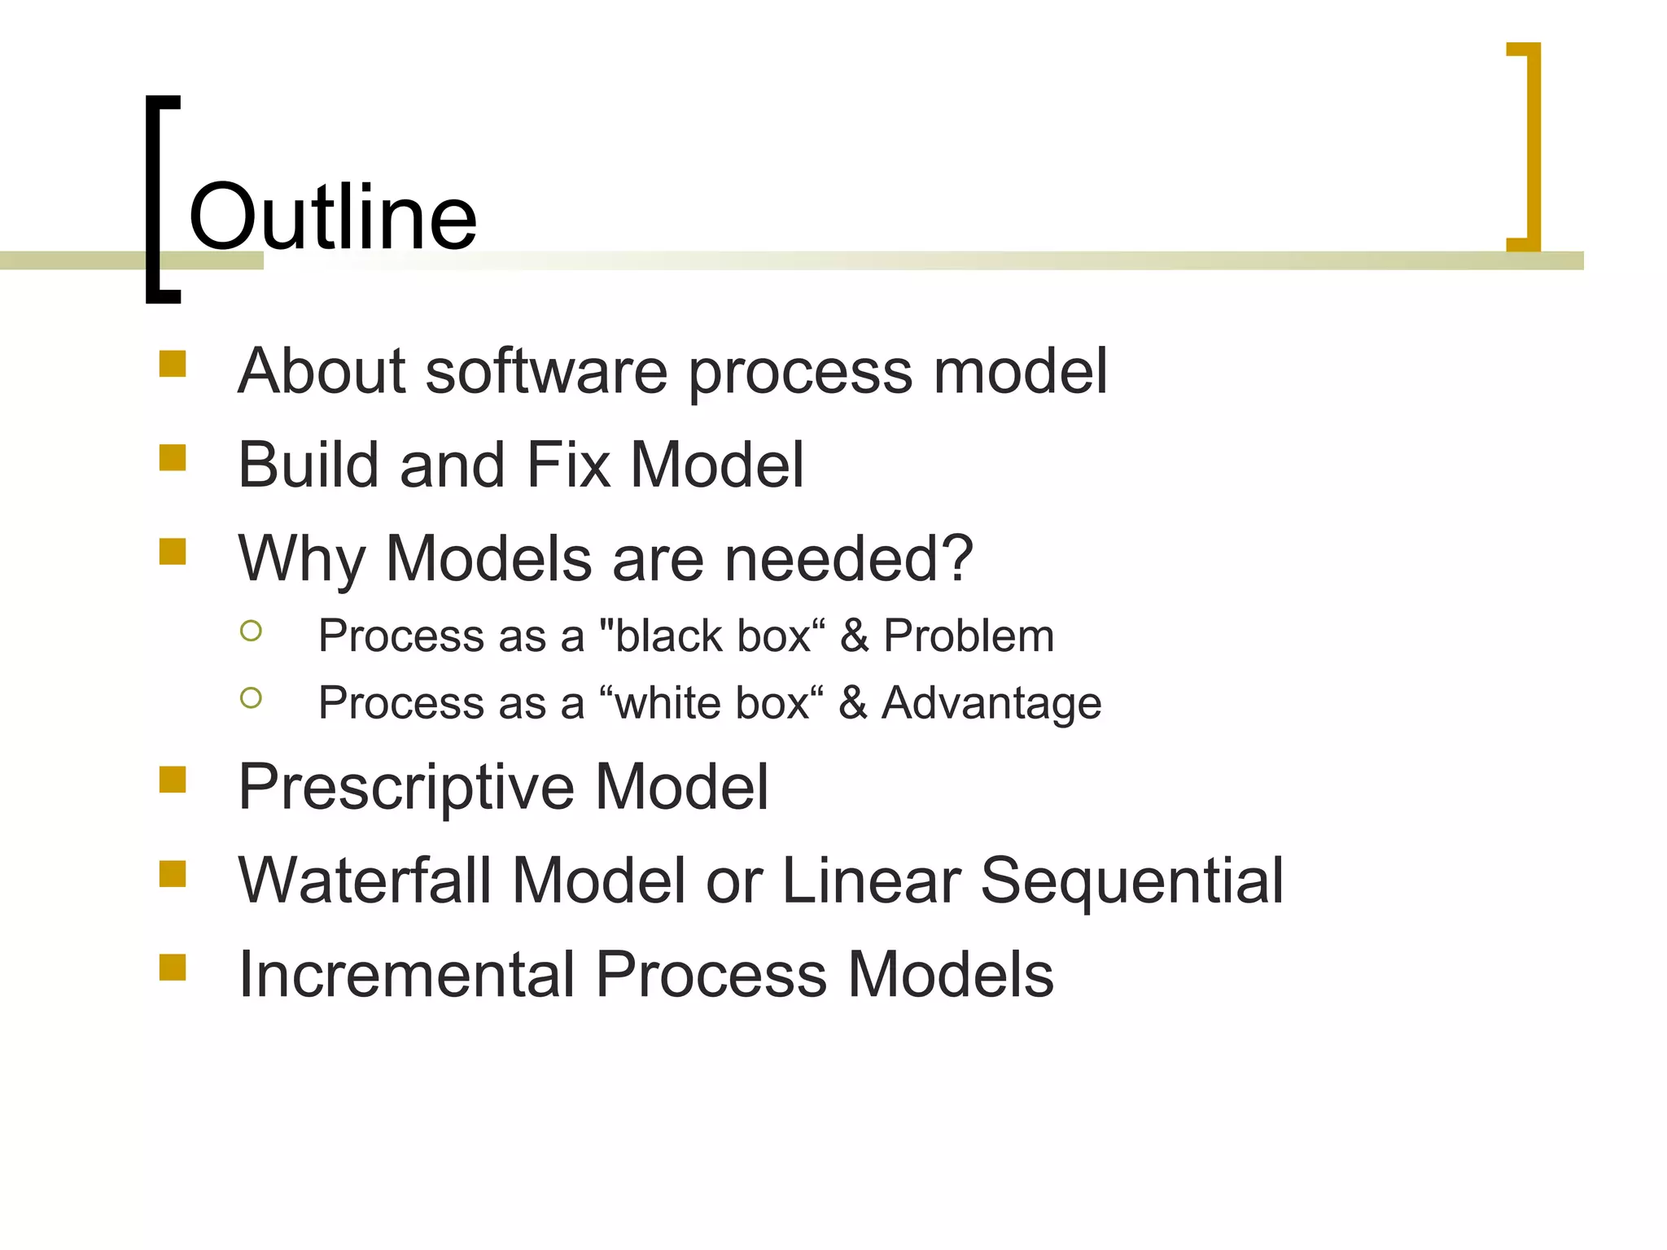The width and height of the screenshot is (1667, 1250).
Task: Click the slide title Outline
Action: click(332, 216)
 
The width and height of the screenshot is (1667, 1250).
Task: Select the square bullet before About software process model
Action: click(173, 364)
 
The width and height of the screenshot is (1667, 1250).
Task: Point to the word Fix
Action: click(568, 465)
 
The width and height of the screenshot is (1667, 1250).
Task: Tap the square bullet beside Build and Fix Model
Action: click(173, 457)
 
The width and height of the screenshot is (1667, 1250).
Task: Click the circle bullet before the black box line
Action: click(252, 631)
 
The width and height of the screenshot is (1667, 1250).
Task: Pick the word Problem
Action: click(969, 636)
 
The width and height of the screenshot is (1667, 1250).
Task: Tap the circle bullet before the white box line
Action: click(252, 697)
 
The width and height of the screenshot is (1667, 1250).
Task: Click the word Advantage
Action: click(991, 702)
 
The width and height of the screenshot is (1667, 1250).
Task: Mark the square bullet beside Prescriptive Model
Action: click(173, 780)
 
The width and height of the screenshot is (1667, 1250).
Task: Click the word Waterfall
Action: click(365, 881)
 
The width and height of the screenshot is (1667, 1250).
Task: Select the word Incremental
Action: click(406, 974)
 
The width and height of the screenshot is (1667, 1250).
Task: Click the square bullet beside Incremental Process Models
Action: click(173, 968)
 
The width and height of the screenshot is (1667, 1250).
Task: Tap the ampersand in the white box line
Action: click(852, 702)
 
